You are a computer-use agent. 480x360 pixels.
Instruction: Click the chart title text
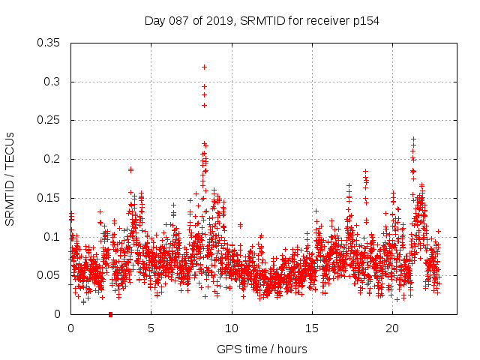(x=262, y=20)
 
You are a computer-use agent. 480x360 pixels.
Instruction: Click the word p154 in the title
(x=365, y=20)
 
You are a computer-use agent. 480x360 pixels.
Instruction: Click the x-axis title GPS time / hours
(x=262, y=349)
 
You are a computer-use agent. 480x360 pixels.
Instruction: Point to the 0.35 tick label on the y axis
(x=51, y=43)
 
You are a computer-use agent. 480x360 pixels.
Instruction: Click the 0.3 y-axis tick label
(x=54, y=82)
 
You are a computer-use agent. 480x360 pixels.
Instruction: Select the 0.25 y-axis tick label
(x=51, y=120)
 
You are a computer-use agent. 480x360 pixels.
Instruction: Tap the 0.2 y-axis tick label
(x=54, y=159)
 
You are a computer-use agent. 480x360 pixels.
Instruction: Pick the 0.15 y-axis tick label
(x=51, y=198)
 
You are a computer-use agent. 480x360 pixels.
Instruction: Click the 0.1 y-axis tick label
(x=54, y=237)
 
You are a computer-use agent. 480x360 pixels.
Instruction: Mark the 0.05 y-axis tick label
(x=51, y=275)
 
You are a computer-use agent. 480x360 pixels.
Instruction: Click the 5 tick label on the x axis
(x=151, y=328)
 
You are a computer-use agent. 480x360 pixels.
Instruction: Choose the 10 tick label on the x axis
(x=232, y=328)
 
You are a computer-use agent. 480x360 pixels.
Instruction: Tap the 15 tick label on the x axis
(x=312, y=328)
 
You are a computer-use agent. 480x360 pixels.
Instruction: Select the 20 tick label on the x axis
(x=392, y=328)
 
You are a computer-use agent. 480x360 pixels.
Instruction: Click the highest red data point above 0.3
(x=204, y=67)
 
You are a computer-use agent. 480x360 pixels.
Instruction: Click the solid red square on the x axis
(x=110, y=314)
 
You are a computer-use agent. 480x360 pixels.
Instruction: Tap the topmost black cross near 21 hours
(x=413, y=139)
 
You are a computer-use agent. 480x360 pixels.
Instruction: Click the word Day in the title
(x=154, y=20)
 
